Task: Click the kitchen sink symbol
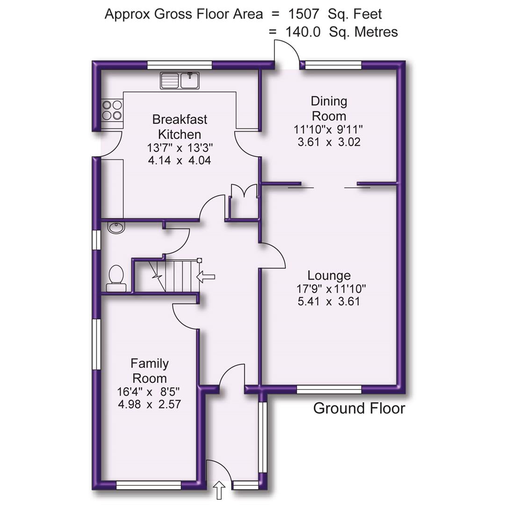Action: (x=180, y=80)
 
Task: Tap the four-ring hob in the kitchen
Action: (x=112, y=110)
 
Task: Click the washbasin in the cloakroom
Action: (x=116, y=228)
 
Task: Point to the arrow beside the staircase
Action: (x=206, y=277)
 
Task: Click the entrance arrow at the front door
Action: (x=219, y=491)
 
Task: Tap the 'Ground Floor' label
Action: (x=359, y=408)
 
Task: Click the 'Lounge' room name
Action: (x=329, y=275)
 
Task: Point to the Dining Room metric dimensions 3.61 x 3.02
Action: (x=329, y=142)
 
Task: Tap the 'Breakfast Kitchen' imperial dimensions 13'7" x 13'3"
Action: (x=180, y=148)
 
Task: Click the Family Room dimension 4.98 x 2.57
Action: (x=149, y=404)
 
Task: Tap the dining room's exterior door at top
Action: (x=286, y=54)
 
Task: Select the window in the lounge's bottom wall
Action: (x=329, y=389)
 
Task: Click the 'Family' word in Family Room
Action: (x=149, y=363)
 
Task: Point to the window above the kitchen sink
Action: (x=180, y=65)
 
